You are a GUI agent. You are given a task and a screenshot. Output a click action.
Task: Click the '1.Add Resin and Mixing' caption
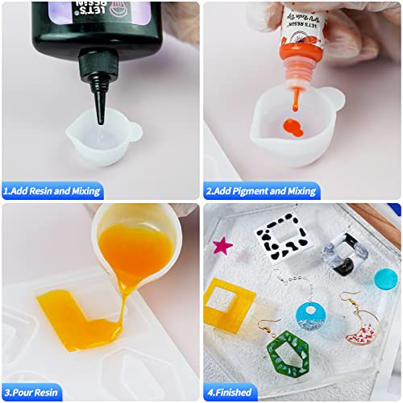click(x=53, y=191)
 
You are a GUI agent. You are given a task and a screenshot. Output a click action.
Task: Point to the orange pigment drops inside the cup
click(x=292, y=127)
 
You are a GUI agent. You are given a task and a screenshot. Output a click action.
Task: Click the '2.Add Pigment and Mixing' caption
click(x=260, y=191)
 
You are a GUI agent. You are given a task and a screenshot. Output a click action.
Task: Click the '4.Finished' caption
click(x=231, y=392)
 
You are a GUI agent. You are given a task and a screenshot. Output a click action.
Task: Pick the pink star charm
click(x=222, y=244)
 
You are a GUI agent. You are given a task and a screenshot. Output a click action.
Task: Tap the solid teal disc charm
click(x=385, y=280)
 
